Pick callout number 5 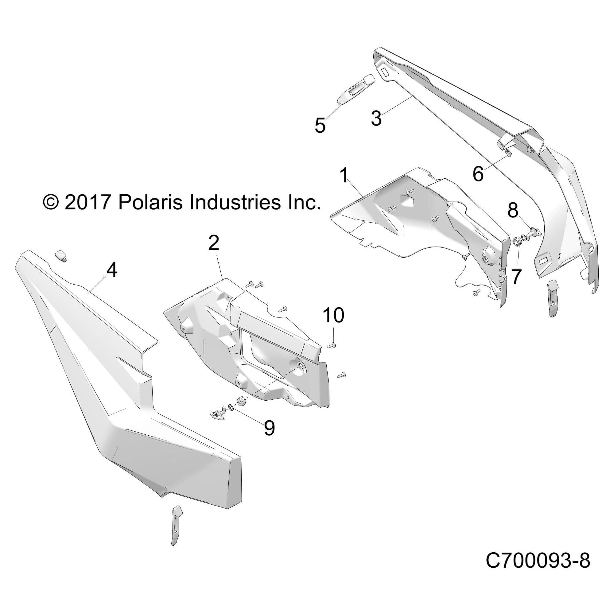pyautogui.click(x=320, y=125)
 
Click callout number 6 pyautogui.click(x=478, y=174)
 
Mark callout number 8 pyautogui.click(x=513, y=211)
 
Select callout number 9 pyautogui.click(x=269, y=428)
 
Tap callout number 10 pyautogui.click(x=333, y=315)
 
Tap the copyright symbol pyautogui.click(x=51, y=202)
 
